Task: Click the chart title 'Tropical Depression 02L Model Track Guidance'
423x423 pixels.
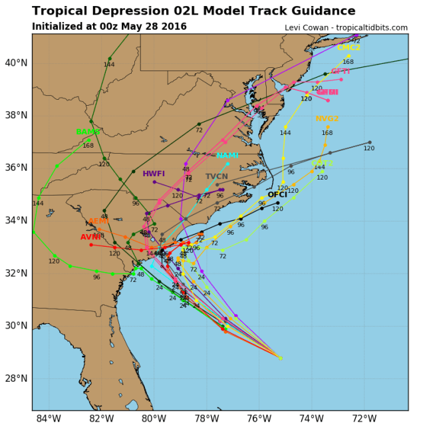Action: coord(194,11)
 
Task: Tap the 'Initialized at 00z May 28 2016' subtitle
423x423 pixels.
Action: coord(109,27)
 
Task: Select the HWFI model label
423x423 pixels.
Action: coord(154,174)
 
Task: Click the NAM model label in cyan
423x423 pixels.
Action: coord(227,156)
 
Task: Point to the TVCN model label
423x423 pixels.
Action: coord(216,177)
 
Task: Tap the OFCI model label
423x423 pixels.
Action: coord(277,195)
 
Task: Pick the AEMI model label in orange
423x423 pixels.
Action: coord(98,221)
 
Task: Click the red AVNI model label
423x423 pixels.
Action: coord(90,237)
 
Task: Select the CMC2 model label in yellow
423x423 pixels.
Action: coord(349,48)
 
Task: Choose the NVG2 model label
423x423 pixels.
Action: coord(327,119)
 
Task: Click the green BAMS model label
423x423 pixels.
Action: coord(88,132)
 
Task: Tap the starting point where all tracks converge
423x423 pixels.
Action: coord(280,358)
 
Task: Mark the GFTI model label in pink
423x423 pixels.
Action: coord(341,71)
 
